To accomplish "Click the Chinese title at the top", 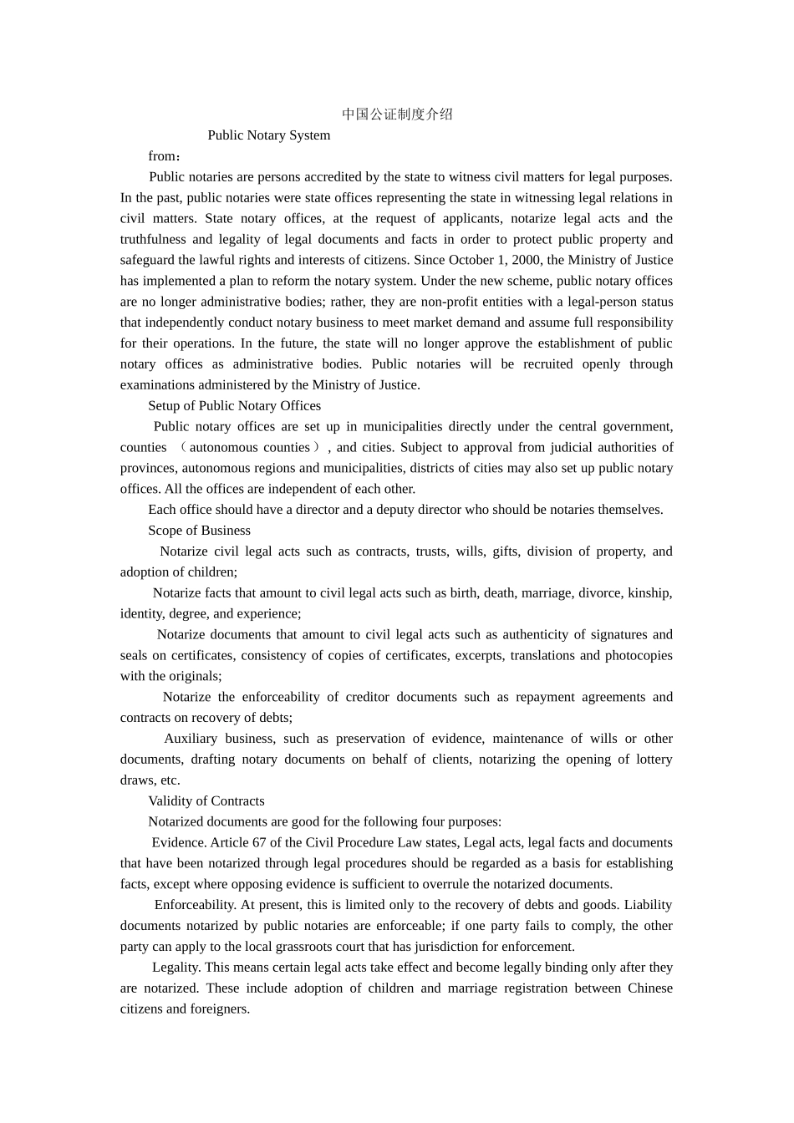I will (x=397, y=114).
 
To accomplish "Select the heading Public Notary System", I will (x=268, y=135).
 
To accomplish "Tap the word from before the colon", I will (x=162, y=156).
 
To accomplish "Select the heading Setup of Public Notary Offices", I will (x=234, y=406).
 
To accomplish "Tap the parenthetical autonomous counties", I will (x=250, y=448).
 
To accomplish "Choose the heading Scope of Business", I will (x=199, y=531).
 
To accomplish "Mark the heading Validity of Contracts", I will (x=206, y=801).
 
